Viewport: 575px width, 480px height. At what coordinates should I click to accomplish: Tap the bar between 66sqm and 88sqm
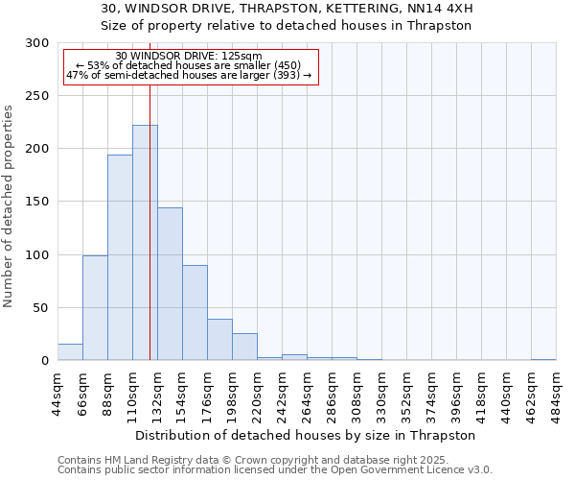(95, 307)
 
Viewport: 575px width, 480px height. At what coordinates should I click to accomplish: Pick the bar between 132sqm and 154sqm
(170, 284)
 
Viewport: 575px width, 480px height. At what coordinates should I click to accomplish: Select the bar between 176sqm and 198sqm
(219, 340)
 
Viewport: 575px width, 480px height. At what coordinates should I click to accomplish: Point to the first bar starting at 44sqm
(70, 352)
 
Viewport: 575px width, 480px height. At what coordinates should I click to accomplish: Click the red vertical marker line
(149, 221)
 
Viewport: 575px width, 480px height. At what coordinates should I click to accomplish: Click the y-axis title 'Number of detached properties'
(9, 206)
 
